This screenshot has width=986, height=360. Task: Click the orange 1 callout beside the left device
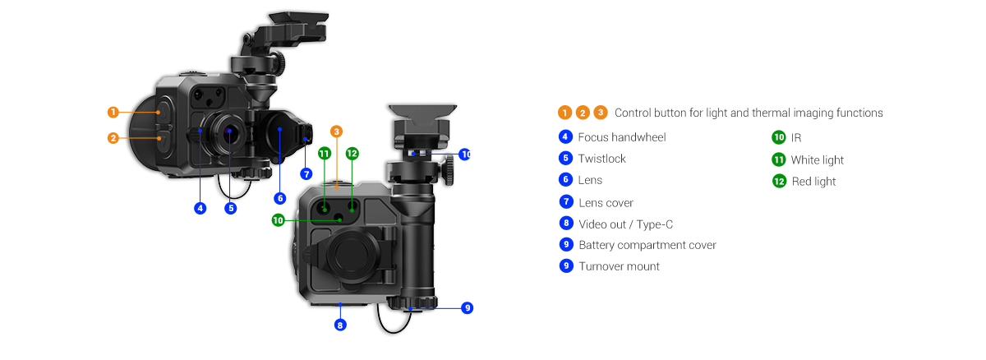pyautogui.click(x=113, y=112)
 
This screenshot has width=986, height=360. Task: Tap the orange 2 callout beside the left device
pyautogui.click(x=113, y=138)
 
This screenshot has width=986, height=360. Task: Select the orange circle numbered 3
pyautogui.click(x=336, y=131)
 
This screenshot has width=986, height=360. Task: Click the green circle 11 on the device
pyautogui.click(x=325, y=154)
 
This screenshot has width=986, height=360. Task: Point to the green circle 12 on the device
pyautogui.click(x=352, y=154)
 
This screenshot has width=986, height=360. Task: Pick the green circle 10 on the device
pyautogui.click(x=279, y=220)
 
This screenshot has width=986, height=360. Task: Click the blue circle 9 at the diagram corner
pyautogui.click(x=468, y=307)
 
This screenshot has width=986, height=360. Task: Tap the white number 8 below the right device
pyautogui.click(x=339, y=326)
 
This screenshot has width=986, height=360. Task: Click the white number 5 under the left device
pyautogui.click(x=231, y=208)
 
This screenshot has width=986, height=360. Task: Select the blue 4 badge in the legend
pyautogui.click(x=565, y=137)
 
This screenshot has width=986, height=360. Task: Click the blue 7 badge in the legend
pyautogui.click(x=565, y=201)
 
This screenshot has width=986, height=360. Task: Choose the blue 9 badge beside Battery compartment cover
pyautogui.click(x=565, y=244)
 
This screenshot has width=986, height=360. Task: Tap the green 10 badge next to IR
pyautogui.click(x=779, y=138)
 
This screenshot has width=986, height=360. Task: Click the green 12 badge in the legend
pyautogui.click(x=779, y=182)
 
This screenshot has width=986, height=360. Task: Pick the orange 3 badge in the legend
pyautogui.click(x=601, y=113)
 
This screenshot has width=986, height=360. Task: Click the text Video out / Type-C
pyautogui.click(x=626, y=224)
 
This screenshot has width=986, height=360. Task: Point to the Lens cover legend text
pyautogui.click(x=606, y=202)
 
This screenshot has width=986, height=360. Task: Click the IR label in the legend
pyautogui.click(x=795, y=138)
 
